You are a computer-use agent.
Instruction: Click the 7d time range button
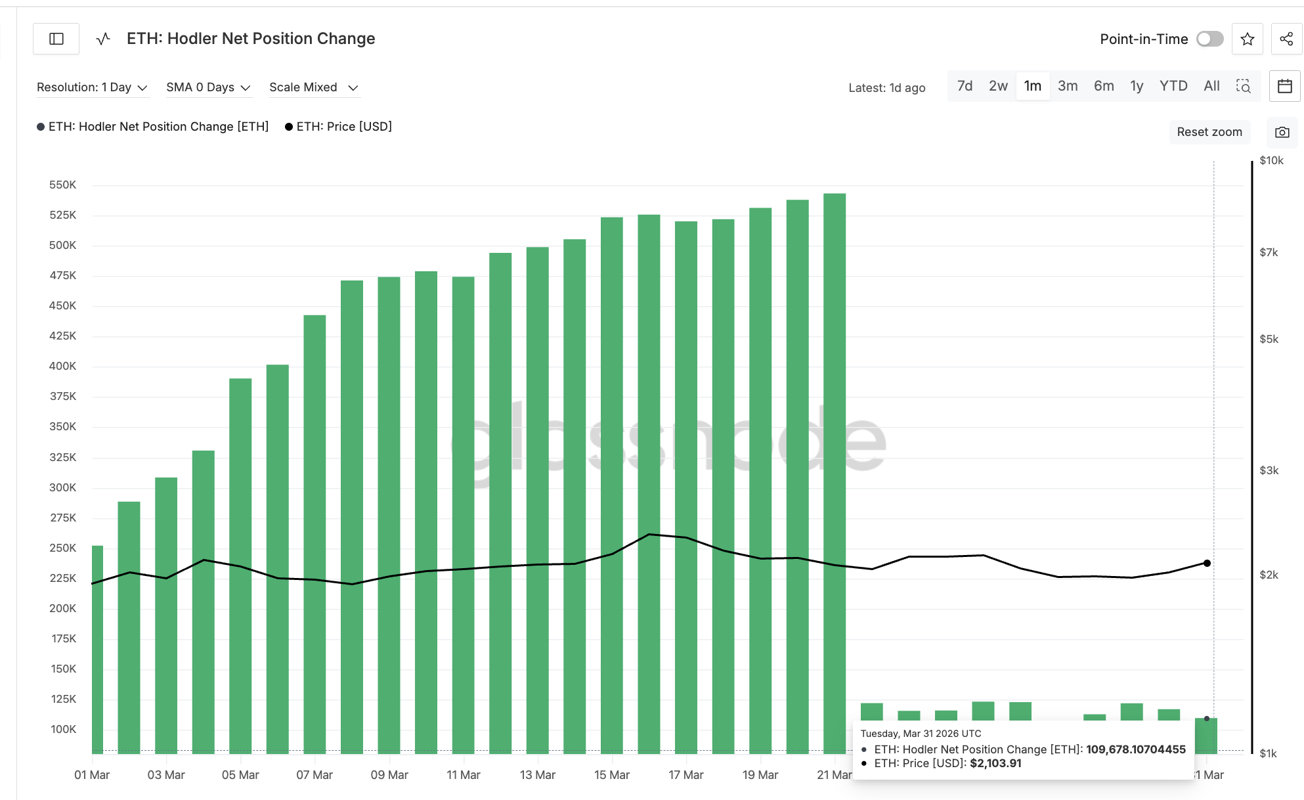pos(965,86)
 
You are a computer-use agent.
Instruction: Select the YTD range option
pos(1173,86)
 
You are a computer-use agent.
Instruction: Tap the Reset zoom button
pos(1209,132)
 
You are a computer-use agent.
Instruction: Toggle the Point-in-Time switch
pos(1209,39)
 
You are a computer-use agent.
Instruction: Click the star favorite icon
pos(1248,39)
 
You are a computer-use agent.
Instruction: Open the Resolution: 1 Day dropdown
pos(92,87)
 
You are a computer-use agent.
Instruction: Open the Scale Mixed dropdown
pos(313,87)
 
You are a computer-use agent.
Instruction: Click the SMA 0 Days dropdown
pos(208,87)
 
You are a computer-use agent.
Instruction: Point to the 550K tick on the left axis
pos(62,185)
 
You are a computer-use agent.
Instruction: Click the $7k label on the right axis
pos(1269,252)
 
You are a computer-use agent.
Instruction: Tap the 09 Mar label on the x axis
pos(389,775)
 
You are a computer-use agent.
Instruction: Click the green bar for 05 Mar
pos(240,565)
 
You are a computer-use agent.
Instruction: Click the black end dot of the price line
pos(1207,563)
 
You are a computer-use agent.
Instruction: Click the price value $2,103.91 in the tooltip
pos(995,763)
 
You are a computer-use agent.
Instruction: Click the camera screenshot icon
pos(1282,132)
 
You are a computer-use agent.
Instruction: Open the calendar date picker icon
pos(1284,86)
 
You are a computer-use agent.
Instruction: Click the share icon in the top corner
pos(1286,39)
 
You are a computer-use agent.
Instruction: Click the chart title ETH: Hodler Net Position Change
pos(251,39)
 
